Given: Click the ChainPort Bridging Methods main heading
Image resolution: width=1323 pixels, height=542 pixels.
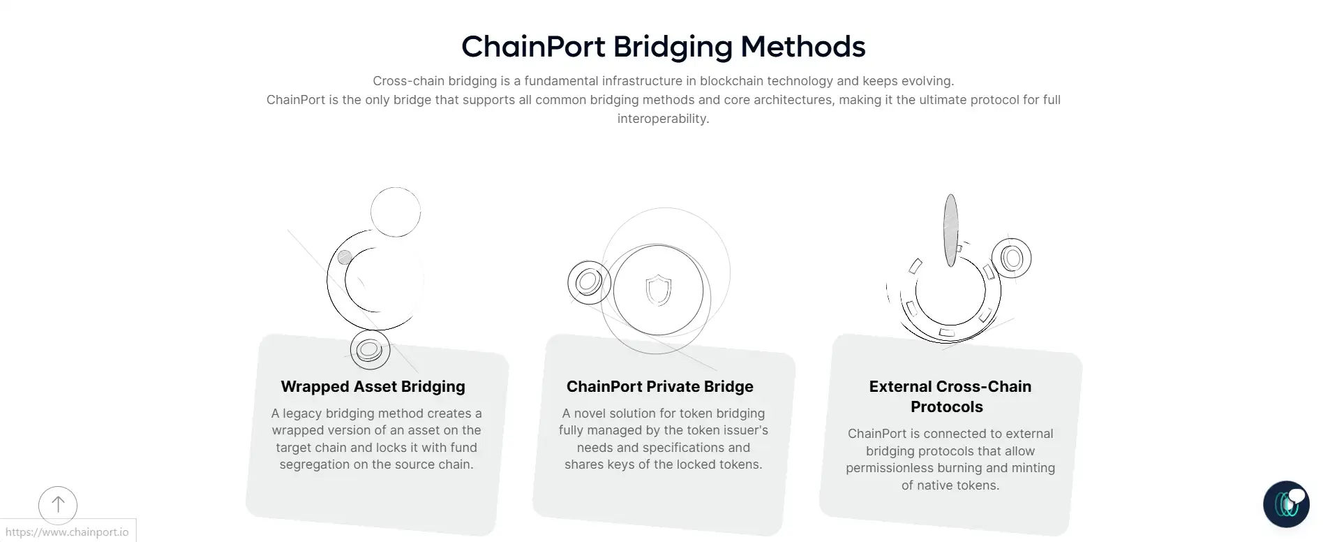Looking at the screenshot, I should point(663,47).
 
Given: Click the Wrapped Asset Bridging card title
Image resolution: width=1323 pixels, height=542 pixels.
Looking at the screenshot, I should point(373,386).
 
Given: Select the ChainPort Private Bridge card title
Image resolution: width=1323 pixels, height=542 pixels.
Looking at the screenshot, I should point(659,386).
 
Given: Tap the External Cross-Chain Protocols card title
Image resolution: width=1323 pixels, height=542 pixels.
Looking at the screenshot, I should point(949,396).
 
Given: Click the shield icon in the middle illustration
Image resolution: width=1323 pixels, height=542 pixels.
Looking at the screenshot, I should point(658,290).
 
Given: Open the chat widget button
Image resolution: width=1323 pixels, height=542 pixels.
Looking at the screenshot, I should point(1285,504).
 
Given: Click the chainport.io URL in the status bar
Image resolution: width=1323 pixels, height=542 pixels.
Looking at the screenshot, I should point(67,532).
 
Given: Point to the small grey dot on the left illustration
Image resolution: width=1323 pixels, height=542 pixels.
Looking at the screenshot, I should point(345,257).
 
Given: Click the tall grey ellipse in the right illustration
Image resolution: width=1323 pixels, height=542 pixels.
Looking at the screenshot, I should point(950,230).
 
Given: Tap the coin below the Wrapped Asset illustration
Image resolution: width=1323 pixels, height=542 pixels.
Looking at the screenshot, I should point(370,349).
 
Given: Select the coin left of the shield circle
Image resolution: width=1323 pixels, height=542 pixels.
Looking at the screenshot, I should point(589,283).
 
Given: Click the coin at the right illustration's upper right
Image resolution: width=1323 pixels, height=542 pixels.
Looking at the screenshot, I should point(1012,258).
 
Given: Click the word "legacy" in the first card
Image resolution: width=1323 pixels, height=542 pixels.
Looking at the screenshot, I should point(304,413).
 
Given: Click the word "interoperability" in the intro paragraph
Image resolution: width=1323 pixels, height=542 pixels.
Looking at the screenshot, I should point(663,119).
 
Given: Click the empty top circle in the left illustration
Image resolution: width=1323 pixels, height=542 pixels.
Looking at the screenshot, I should point(396,212).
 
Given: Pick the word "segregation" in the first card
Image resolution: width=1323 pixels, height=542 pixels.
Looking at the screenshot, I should point(315,464).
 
